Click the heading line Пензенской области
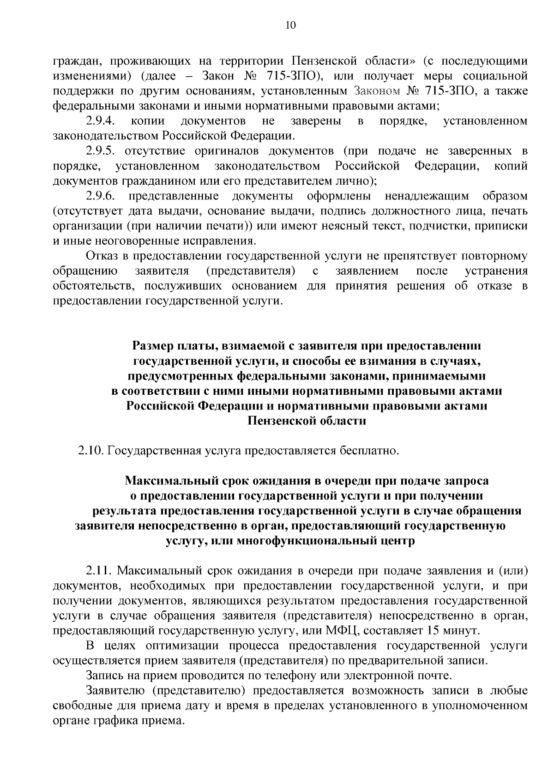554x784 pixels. click(307, 421)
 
